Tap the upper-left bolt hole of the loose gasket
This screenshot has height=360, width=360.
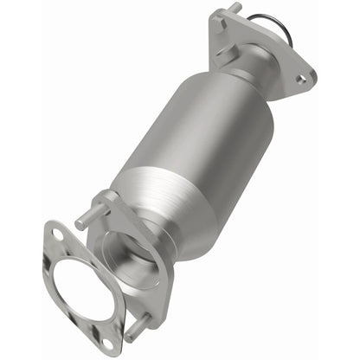(55, 234)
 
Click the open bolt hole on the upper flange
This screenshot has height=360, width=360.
(300, 79)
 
